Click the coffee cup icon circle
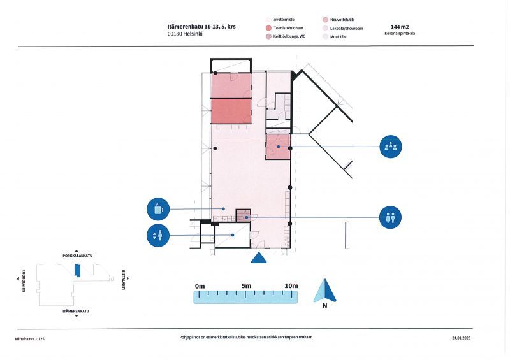coord(158,209)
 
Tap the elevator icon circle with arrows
coord(158,235)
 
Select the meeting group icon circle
coord(391,147)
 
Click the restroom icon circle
coord(390,217)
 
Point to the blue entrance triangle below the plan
coord(259,258)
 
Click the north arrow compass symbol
coord(325,291)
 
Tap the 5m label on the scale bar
coord(246,286)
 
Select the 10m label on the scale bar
coord(291,286)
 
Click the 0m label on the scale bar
coord(200,286)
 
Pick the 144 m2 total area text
coord(400,27)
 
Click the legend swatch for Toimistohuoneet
coord(268,28)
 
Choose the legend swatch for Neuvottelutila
coord(325,20)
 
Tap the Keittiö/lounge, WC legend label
coord(289,36)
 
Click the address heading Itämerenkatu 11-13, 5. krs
coord(201,27)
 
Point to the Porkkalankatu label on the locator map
coord(77,256)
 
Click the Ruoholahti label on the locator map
coord(24,280)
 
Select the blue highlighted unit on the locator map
coord(77,270)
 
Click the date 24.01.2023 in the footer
coord(461,338)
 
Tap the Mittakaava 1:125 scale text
coord(29,339)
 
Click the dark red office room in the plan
coord(231,111)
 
